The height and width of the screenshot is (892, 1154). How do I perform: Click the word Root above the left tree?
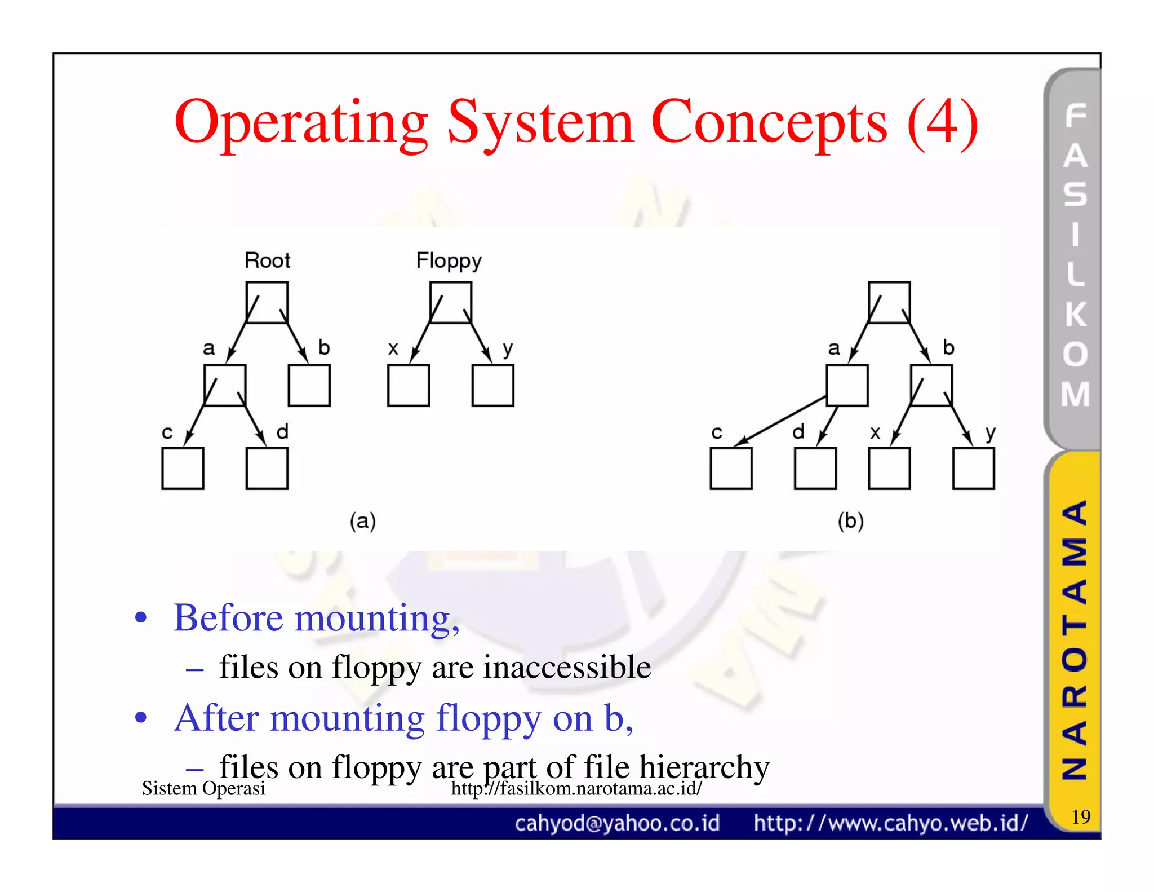[267, 260]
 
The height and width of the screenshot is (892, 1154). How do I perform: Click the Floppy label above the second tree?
[449, 261]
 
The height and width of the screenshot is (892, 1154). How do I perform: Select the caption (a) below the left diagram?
[362, 521]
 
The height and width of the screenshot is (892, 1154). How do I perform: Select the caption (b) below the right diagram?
[850, 521]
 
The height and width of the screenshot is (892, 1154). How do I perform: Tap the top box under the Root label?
[267, 302]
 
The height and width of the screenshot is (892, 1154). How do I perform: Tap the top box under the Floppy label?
[450, 302]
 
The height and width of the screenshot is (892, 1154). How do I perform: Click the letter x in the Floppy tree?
[393, 348]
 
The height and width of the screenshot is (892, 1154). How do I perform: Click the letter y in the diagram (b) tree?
[990, 433]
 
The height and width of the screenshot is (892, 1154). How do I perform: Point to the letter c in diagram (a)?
[167, 432]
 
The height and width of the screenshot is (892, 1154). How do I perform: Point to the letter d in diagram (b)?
[798, 432]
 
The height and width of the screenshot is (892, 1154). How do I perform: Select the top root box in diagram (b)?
[889, 302]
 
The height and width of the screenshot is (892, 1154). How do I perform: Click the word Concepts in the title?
[769, 123]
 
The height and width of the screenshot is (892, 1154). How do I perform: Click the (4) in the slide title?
[942, 123]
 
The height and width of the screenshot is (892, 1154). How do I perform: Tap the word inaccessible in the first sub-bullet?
[567, 667]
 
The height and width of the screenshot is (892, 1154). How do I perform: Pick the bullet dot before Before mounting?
[141, 617]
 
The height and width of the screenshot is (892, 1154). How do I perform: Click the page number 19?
[1080, 816]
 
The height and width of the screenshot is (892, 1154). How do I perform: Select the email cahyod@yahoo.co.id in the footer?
[617, 823]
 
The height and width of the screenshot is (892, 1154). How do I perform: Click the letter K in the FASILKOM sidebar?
[1075, 314]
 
